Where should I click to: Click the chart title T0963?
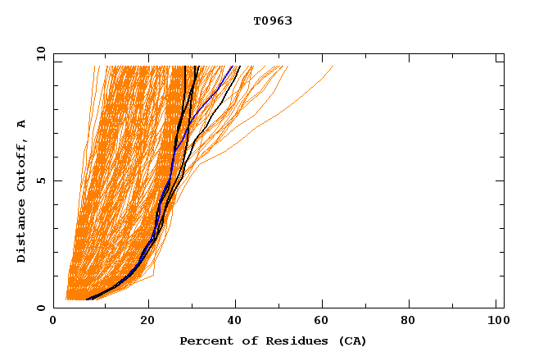(273, 21)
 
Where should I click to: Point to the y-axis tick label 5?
(41, 180)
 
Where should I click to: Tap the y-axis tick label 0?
(41, 308)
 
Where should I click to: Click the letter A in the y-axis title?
(21, 123)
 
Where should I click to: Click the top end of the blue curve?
(233, 66)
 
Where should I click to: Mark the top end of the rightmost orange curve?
(333, 66)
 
